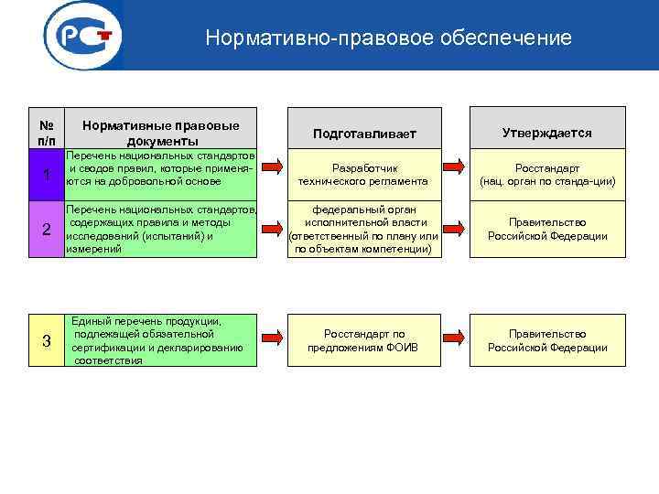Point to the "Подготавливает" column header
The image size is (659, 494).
click(364, 134)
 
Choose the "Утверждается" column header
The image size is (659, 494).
click(547, 133)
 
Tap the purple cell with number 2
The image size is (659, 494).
click(46, 229)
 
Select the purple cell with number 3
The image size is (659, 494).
click(46, 341)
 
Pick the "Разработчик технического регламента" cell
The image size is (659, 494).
click(364, 174)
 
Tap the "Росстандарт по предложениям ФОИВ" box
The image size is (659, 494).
click(364, 340)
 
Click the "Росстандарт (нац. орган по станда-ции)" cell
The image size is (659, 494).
click(547, 174)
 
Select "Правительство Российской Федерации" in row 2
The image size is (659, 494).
click(547, 229)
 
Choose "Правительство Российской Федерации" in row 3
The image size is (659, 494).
click(547, 340)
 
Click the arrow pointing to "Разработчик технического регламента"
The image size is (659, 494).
click(273, 166)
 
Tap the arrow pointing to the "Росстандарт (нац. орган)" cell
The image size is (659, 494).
click(454, 166)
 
